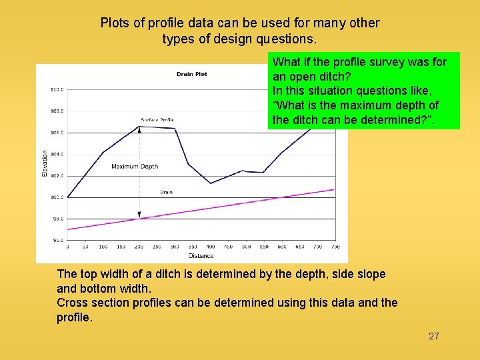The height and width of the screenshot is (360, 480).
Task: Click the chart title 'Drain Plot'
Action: [x=191, y=74]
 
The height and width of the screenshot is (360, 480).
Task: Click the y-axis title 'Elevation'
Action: [x=45, y=163]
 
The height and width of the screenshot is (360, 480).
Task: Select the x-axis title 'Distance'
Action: [x=201, y=255]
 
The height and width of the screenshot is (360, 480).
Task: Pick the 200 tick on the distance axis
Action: [x=139, y=247]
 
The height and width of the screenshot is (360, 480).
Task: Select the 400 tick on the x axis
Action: [x=211, y=247]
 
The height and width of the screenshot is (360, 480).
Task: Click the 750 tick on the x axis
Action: [x=335, y=247]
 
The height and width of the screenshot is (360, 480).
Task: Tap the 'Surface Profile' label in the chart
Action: [x=157, y=120]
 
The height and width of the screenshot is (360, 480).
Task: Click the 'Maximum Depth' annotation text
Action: [x=135, y=167]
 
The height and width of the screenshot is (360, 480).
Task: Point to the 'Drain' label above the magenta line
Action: [x=166, y=192]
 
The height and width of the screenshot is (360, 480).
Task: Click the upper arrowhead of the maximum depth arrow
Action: [x=139, y=128]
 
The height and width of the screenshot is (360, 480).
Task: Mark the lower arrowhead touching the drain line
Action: [x=139, y=217]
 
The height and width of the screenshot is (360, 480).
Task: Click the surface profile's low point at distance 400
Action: [x=211, y=183]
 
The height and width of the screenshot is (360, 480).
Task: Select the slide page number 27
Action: [x=433, y=336]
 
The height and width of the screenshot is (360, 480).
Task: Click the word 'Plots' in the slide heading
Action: [x=114, y=23]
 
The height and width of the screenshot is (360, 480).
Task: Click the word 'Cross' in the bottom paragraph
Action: [x=72, y=303]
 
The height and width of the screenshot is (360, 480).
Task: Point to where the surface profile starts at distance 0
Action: [x=68, y=197]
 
